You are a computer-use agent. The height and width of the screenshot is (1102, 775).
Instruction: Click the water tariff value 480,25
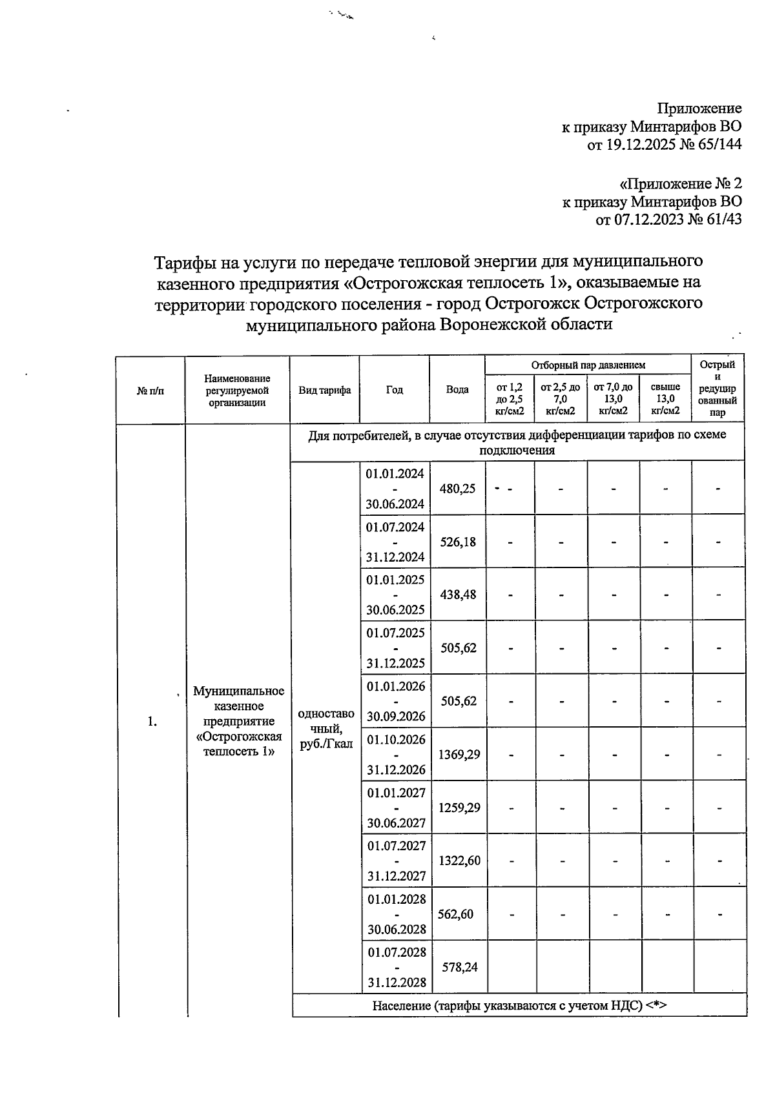(x=457, y=489)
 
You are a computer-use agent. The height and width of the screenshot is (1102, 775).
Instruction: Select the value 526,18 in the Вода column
(x=457, y=542)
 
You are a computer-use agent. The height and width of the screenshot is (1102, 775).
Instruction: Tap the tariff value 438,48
(x=457, y=595)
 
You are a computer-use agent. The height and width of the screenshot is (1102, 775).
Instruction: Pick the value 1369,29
(x=459, y=754)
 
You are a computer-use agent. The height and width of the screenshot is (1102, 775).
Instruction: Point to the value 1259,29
(x=459, y=808)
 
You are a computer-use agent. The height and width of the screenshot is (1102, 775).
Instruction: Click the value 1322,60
(x=459, y=861)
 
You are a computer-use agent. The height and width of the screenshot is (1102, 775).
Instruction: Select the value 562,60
(x=455, y=914)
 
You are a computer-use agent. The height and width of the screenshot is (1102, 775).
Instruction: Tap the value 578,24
(x=459, y=967)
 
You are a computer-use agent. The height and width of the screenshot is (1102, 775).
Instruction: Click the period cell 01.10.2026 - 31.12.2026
(x=396, y=754)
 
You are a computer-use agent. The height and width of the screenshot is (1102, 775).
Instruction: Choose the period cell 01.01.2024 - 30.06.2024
(x=395, y=489)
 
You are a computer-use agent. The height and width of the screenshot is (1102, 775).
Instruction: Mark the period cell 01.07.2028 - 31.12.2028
(x=397, y=967)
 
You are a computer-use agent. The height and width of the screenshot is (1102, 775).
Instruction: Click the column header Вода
(x=457, y=390)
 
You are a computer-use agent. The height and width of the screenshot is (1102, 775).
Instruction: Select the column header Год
(x=395, y=390)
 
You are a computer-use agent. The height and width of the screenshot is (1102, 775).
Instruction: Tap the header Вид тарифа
(x=324, y=390)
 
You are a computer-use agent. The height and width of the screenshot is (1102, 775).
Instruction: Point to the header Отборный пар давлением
(x=588, y=365)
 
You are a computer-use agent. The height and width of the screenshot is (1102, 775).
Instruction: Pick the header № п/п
(x=150, y=390)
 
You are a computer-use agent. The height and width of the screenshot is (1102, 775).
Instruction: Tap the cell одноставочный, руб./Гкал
(x=325, y=729)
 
